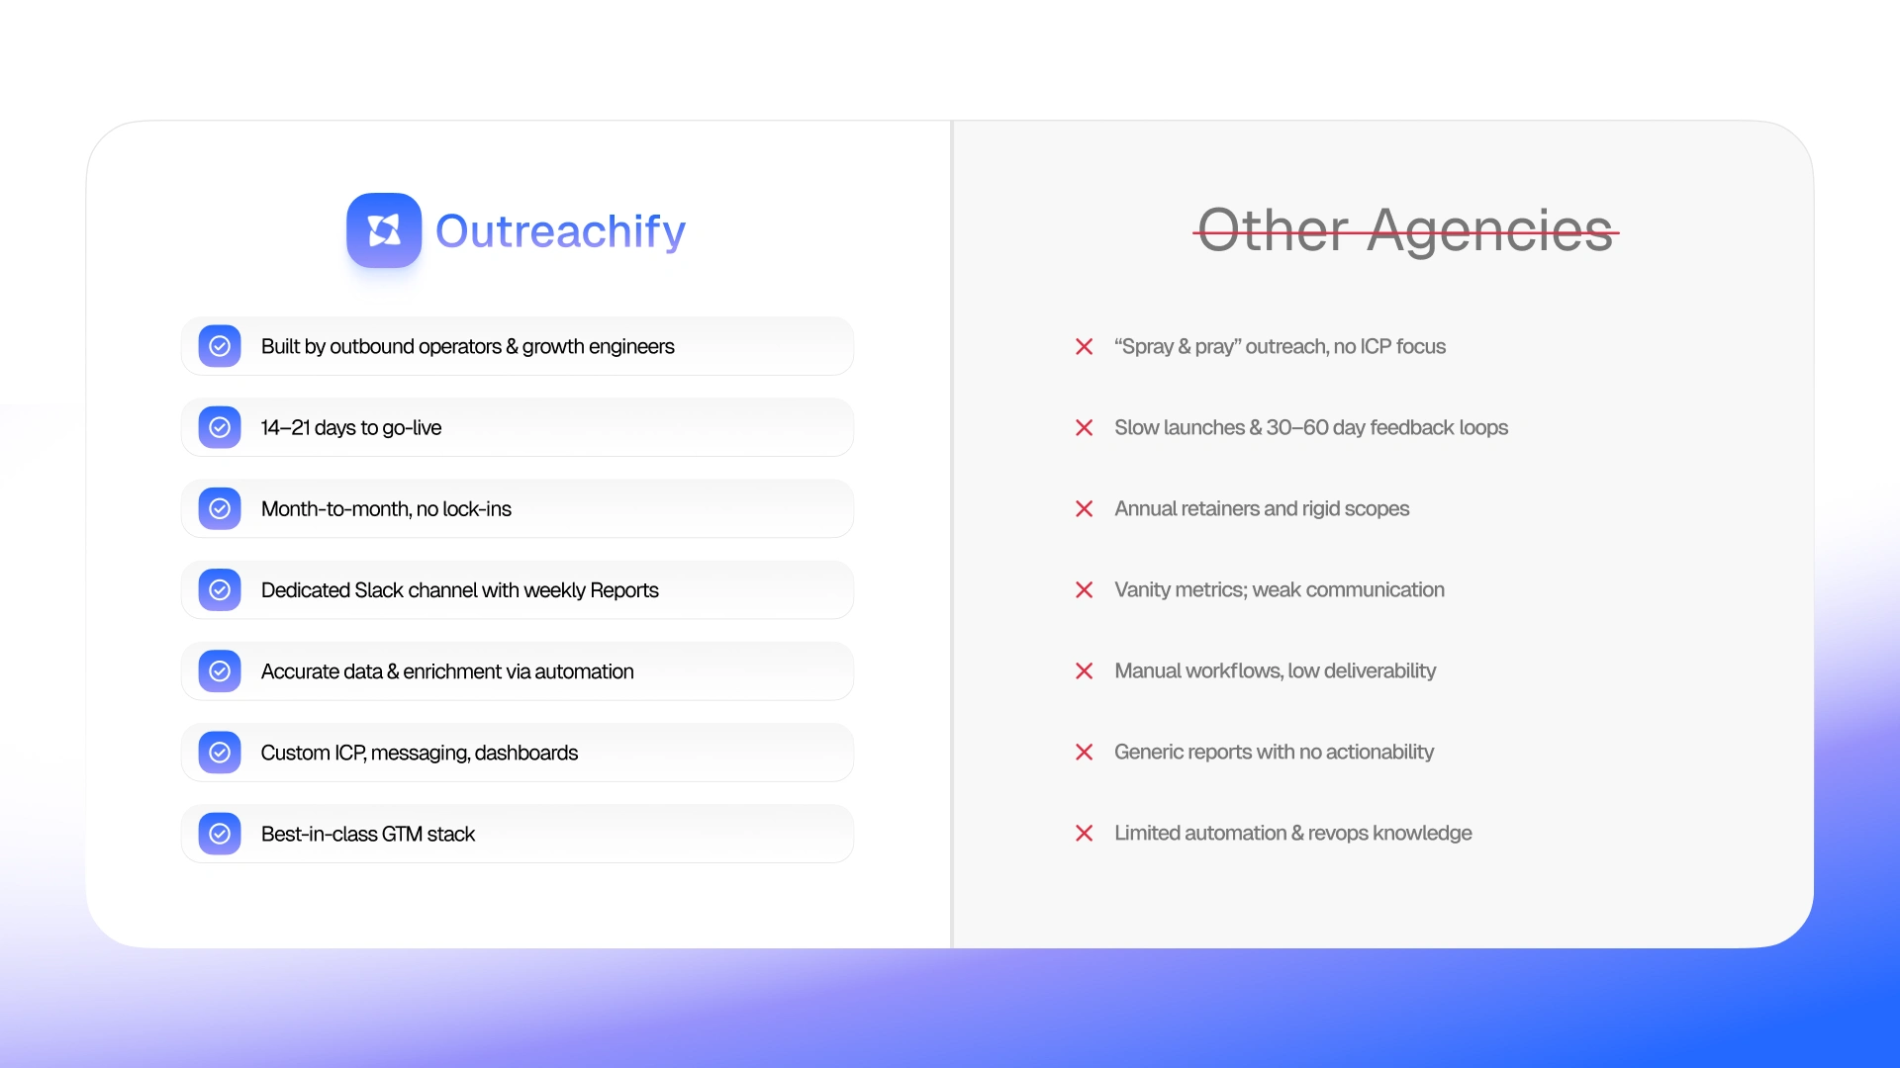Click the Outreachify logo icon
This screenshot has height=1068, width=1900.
point(384,230)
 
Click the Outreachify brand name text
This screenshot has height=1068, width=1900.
point(560,231)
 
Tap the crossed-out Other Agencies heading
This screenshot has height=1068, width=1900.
point(1405,230)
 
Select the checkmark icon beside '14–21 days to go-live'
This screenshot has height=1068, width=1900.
point(220,427)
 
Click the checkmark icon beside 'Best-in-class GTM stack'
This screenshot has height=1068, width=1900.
point(220,834)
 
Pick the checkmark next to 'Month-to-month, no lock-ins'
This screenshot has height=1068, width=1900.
point(220,508)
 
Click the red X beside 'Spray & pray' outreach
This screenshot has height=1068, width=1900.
point(1085,346)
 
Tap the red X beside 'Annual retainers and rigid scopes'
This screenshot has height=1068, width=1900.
point(1085,508)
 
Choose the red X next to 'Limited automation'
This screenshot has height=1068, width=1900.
point(1085,834)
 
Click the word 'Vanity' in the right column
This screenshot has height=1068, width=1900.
point(1142,590)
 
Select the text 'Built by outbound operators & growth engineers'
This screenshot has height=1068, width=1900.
point(467,347)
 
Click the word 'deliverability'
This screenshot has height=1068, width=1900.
point(1379,671)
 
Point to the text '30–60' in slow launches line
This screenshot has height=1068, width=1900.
point(1297,427)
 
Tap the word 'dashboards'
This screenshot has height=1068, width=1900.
point(526,753)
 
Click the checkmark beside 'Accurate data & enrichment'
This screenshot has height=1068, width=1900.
point(220,671)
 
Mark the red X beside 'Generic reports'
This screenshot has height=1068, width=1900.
point(1085,753)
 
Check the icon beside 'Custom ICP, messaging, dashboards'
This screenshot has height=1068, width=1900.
point(220,753)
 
